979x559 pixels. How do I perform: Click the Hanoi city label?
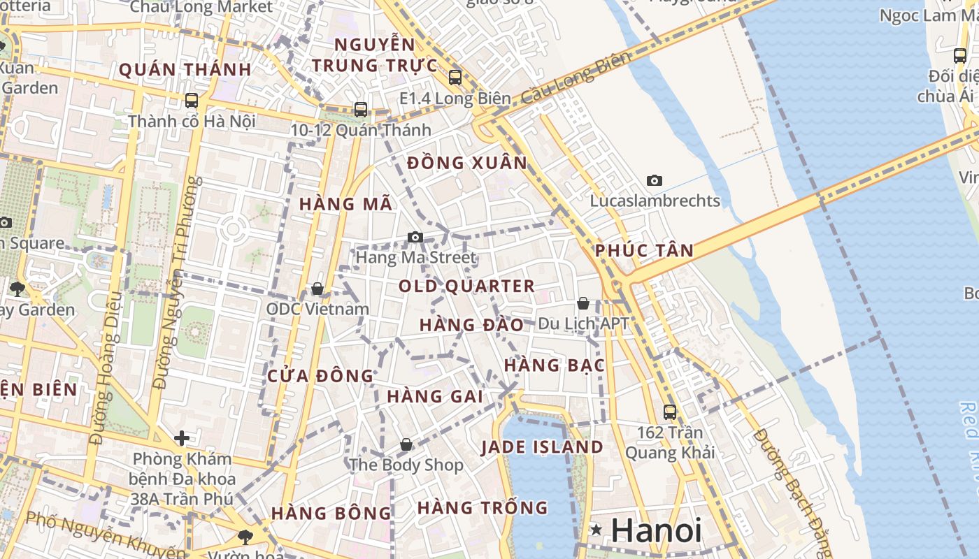tap(656, 530)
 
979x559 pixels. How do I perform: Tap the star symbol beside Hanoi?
tap(596, 530)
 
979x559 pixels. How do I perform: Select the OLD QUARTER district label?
tap(466, 286)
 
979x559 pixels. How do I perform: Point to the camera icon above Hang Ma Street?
tap(415, 238)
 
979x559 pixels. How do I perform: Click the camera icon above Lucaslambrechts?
tap(655, 181)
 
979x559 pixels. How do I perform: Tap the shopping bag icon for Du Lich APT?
tap(583, 303)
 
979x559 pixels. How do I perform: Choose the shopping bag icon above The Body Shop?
tap(406, 444)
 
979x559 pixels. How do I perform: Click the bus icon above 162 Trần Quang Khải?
tap(670, 412)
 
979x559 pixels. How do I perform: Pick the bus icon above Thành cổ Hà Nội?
tap(192, 101)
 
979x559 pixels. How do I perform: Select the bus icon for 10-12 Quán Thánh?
tap(361, 110)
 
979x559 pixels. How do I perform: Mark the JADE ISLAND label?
tap(542, 447)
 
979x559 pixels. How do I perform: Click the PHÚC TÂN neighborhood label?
tap(644, 250)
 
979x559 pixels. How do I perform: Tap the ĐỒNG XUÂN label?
tap(467, 163)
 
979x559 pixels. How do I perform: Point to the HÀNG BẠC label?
tap(554, 365)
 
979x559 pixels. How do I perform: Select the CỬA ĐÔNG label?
tap(321, 376)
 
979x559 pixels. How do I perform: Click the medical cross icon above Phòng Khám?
tap(182, 438)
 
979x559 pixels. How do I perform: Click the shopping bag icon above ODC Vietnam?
tap(317, 289)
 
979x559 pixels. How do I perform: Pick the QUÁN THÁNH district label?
tap(185, 69)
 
